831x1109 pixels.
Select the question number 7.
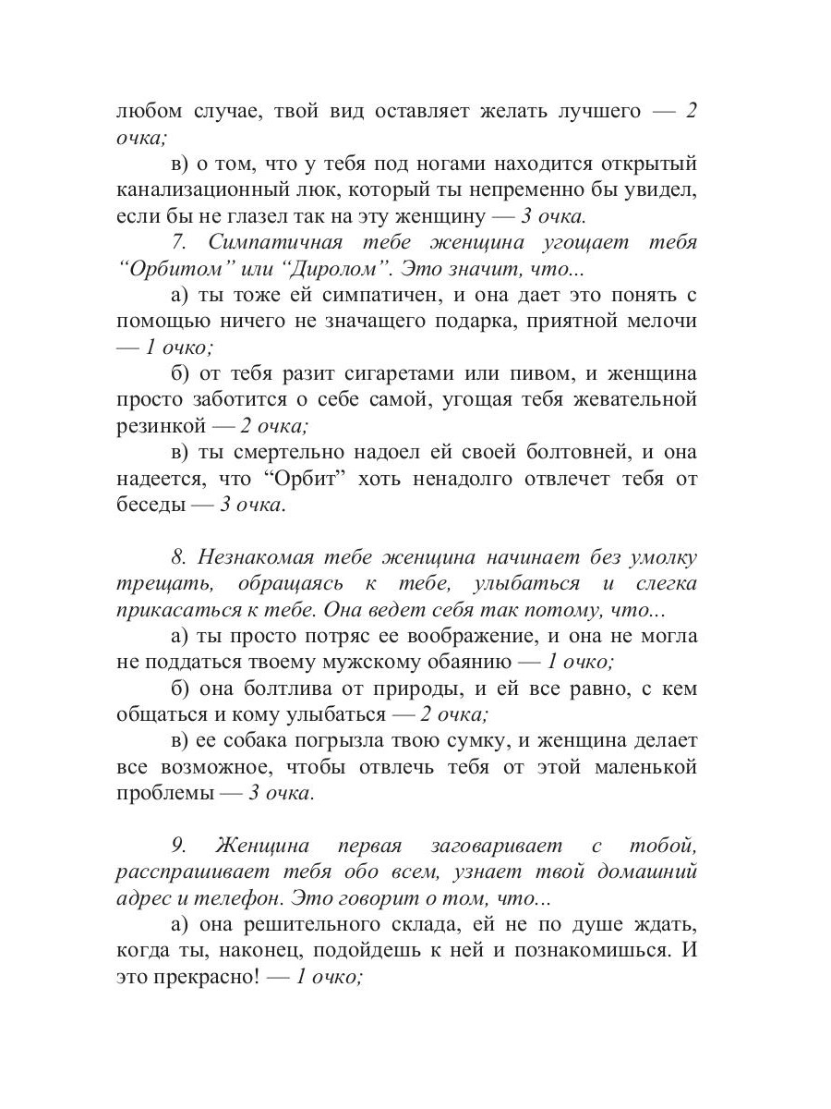(x=180, y=243)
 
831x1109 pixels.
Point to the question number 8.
(x=179, y=558)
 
